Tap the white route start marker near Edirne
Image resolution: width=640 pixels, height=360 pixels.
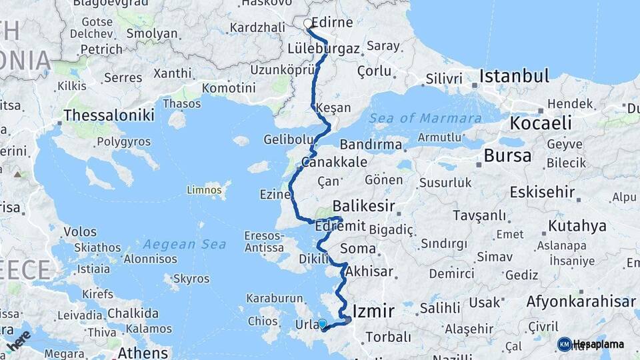[308, 24]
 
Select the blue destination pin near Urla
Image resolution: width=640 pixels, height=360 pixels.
[323, 324]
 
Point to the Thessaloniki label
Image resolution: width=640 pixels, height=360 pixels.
[109, 115]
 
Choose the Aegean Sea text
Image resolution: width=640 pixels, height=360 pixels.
[185, 245]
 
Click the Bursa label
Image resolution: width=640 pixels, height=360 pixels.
[508, 156]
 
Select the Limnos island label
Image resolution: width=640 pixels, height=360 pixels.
[204, 191]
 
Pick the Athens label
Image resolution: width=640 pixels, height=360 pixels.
[143, 351]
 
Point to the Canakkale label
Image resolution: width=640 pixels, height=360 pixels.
[334, 162]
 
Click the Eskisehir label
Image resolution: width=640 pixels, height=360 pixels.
[542, 193]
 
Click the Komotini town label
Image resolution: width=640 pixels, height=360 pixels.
[229, 88]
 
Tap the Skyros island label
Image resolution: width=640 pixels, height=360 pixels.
[191, 279]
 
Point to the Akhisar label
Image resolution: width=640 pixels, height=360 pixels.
[369, 272]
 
